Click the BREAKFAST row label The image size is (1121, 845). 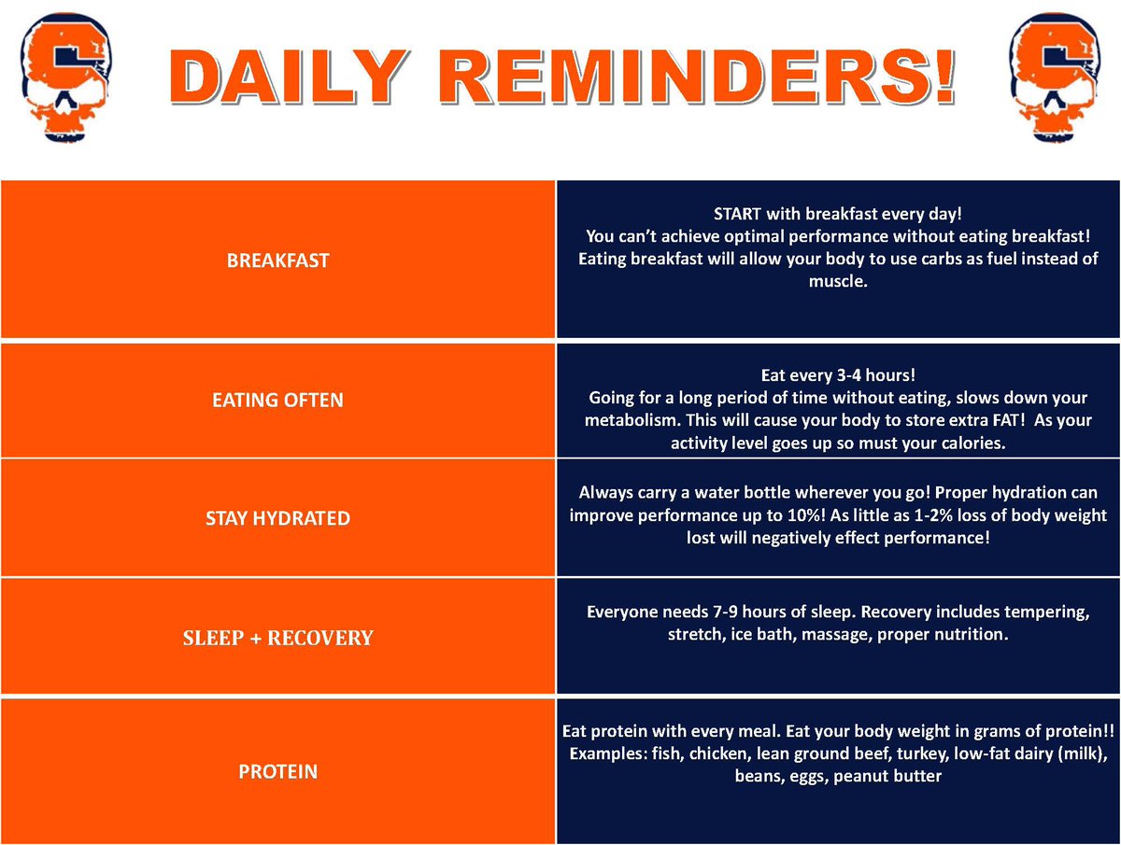click(278, 261)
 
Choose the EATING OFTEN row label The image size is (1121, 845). click(278, 401)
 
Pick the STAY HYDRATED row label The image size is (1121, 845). click(278, 517)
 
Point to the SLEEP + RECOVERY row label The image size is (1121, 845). click(278, 639)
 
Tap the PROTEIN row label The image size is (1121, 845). click(278, 772)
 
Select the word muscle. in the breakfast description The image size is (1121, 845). click(838, 281)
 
